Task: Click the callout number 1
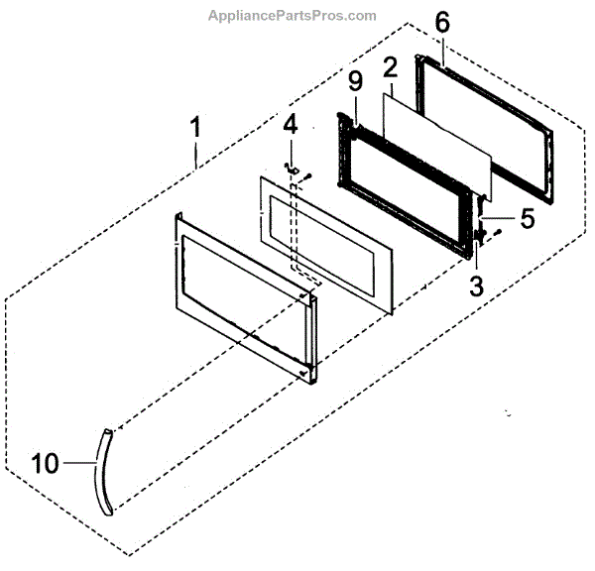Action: [x=195, y=128]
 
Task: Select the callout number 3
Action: [x=476, y=286]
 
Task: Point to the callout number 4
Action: [x=290, y=127]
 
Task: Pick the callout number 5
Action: [x=528, y=218]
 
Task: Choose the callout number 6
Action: [x=442, y=22]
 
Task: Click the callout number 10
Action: [x=47, y=461]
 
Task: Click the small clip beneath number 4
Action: [x=291, y=169]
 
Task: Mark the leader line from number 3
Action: [x=477, y=263]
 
